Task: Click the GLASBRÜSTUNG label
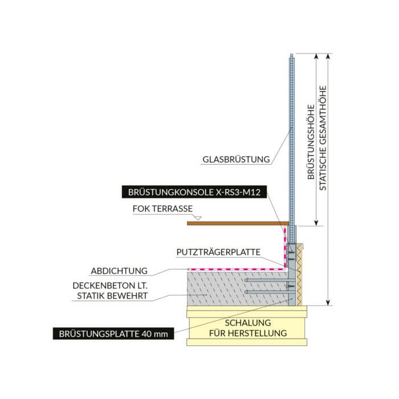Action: point(236,159)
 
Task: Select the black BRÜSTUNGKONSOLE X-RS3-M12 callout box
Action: point(194,192)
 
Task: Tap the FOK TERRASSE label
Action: point(162,209)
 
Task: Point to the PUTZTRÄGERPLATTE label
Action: point(218,252)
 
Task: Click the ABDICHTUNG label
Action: point(119,271)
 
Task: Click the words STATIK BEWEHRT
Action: point(112,296)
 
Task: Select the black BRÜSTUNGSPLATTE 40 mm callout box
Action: point(113,333)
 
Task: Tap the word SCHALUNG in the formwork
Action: point(248,323)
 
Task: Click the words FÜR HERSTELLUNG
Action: point(248,333)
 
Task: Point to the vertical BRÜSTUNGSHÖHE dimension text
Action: point(311,142)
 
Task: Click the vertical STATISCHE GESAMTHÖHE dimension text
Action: point(323,138)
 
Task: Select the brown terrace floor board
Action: point(238,223)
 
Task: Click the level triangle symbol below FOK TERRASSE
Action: point(197,218)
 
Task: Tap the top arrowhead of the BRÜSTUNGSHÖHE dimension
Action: point(316,56)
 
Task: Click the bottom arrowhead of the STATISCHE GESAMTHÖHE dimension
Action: point(328,303)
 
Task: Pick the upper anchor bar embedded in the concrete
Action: point(266,280)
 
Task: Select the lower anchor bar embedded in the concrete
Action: point(266,292)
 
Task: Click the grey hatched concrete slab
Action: point(238,288)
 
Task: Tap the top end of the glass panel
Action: point(292,54)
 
